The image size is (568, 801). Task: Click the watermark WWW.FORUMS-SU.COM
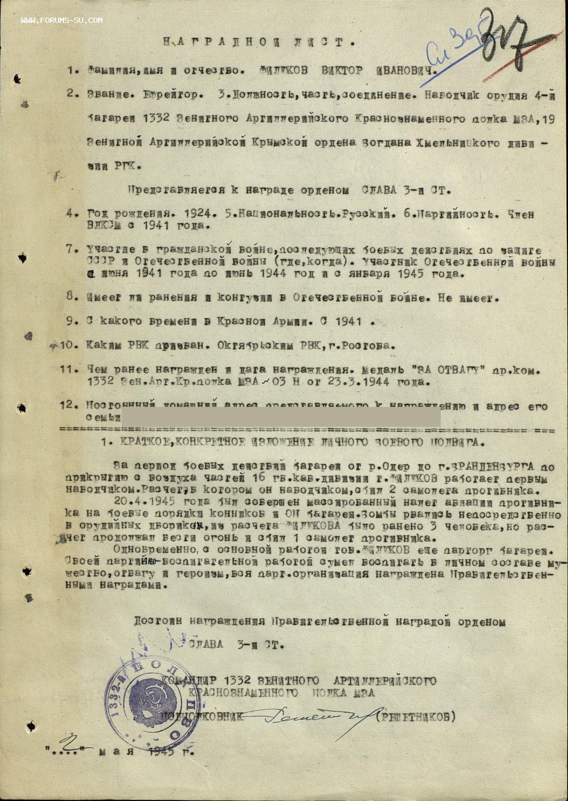[62, 20]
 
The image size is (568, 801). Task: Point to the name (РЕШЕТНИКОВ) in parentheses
[415, 717]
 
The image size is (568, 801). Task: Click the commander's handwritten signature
[309, 718]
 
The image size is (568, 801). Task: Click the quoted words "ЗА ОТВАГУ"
[446, 370]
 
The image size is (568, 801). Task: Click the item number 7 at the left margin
[70, 249]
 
